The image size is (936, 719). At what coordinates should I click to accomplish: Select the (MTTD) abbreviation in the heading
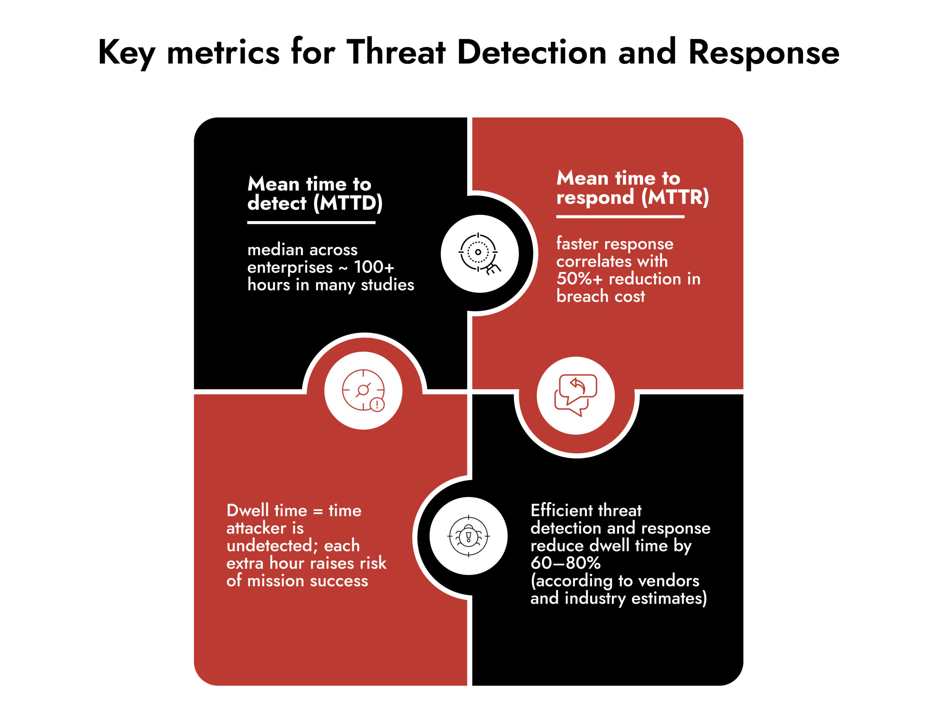348,203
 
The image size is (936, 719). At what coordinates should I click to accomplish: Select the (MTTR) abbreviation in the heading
675,197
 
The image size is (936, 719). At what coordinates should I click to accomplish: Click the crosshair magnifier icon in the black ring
480,254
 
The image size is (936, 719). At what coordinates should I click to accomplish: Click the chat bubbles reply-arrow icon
575,395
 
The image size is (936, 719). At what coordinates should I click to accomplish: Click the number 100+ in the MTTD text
373,267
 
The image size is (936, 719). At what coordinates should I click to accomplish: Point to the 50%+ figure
579,279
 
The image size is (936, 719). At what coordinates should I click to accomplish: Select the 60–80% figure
565,563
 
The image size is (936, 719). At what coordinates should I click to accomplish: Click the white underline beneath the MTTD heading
311,222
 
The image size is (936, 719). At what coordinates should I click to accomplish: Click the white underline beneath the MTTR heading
620,217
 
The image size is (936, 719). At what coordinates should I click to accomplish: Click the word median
275,250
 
